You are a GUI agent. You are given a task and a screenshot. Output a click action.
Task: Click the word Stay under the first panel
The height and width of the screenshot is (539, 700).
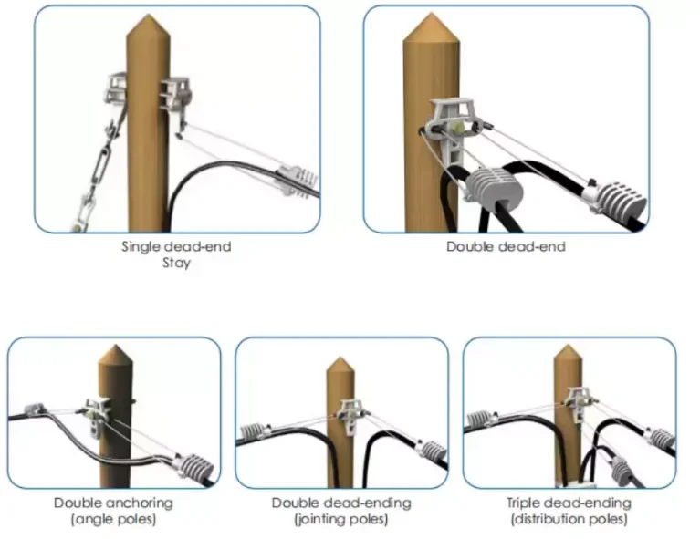coord(176,264)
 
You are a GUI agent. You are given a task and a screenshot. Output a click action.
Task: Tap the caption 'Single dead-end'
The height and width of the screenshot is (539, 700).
coord(176,246)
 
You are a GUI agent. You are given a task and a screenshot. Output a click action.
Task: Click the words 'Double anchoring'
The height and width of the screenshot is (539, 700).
coord(113,503)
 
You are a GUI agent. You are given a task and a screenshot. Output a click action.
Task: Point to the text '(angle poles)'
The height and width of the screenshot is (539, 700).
coord(113,520)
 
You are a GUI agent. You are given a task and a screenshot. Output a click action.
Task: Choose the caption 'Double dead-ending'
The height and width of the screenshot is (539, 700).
coord(341,503)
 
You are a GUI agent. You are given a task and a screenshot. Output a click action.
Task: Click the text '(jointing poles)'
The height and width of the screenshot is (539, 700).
coord(341,520)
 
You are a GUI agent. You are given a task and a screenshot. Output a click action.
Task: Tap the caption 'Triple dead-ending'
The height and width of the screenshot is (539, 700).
coord(568,503)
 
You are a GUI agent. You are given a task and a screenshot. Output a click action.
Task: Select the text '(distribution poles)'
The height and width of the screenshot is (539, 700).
coord(568,520)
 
